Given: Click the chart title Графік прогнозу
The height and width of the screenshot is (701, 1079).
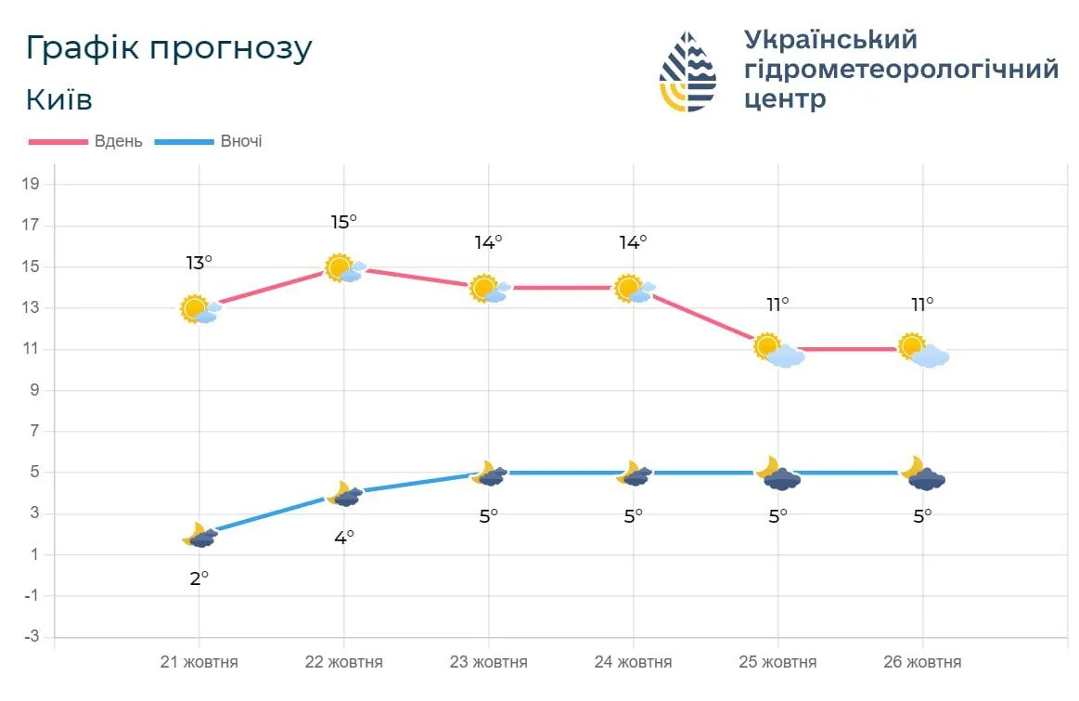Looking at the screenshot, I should pos(169,48).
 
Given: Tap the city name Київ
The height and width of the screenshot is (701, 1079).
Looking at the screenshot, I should pos(59,99).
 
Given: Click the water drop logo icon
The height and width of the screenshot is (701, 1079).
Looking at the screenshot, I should pos(687,71).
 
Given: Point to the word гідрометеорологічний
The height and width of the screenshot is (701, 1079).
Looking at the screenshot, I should pos(901,69).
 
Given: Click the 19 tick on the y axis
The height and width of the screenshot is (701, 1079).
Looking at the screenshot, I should pos(31,184).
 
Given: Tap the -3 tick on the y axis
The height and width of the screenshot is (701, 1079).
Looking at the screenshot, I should pos(31,637).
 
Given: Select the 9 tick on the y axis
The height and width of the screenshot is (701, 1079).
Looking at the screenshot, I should pos(34,390).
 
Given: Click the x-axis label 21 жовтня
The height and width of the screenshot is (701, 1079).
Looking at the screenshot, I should pos(199,662).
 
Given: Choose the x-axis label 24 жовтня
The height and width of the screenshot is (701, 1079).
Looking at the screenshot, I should pos(633,662).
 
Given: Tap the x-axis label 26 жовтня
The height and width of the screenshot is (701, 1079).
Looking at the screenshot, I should pos(922,662).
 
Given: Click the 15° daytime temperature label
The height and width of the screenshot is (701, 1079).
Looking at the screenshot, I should pos(343,222).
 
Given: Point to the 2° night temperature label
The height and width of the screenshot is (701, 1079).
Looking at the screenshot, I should pos(199,578).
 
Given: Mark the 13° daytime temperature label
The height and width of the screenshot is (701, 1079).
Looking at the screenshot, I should pos(199,263).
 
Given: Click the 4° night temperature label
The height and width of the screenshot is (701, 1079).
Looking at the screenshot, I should pos(343,537).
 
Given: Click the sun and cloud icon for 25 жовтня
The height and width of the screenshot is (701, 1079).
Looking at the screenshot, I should pos(778,350).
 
